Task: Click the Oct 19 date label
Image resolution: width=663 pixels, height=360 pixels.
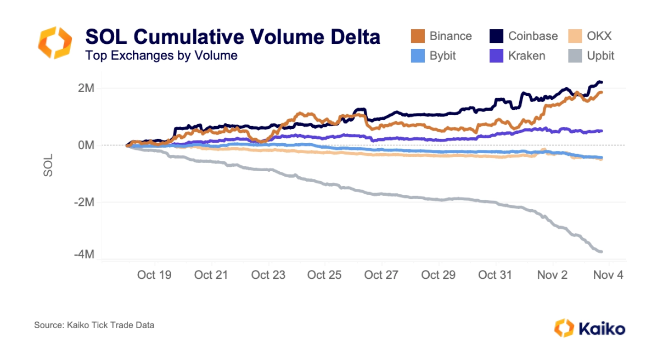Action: click(x=154, y=275)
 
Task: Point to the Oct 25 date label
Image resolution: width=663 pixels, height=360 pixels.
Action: click(x=324, y=275)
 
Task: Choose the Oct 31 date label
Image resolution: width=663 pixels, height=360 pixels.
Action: click(x=495, y=275)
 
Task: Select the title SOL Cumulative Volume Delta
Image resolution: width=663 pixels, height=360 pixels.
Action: click(x=232, y=37)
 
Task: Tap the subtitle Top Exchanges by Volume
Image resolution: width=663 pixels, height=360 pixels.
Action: click(x=161, y=55)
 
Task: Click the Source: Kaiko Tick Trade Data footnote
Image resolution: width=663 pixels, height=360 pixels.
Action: click(x=94, y=325)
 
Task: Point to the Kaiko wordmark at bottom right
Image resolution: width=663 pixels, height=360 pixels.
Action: click(x=601, y=329)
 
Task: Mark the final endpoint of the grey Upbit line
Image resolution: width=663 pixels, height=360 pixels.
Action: click(x=602, y=251)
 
